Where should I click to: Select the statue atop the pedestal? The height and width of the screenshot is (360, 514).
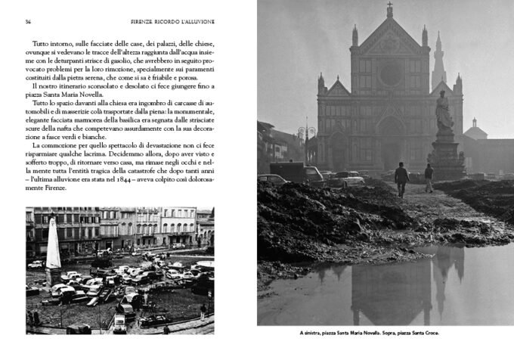tap(444, 112)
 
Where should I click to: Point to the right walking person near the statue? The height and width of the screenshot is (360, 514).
tap(429, 178)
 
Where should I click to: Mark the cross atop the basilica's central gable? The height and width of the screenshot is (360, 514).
tap(389, 10)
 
